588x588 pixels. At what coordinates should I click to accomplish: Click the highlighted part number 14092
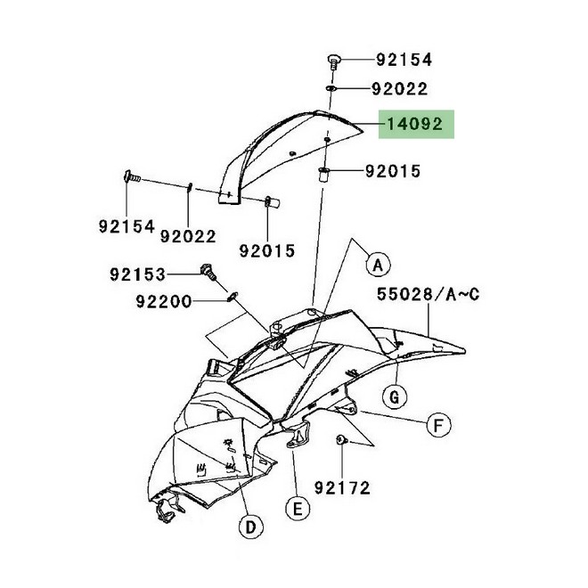tap(415, 124)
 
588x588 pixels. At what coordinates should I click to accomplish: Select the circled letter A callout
tap(378, 265)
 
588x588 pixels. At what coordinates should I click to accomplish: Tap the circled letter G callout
tap(395, 396)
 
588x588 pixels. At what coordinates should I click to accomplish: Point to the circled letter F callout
tap(438, 425)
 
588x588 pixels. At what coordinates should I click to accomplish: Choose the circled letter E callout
tap(298, 509)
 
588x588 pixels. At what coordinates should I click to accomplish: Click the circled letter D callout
tap(250, 527)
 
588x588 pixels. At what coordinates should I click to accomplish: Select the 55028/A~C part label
tap(428, 294)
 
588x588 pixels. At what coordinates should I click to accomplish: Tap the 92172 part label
tap(342, 488)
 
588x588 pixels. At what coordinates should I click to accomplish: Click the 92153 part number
tap(137, 274)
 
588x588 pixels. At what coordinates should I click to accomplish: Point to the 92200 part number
tap(164, 301)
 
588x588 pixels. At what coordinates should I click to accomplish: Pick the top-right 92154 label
tap(404, 60)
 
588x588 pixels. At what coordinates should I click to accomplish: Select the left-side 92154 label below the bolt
tap(127, 226)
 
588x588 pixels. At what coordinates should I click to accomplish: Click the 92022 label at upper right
tap(400, 89)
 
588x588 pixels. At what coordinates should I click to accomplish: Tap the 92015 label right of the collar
tap(393, 171)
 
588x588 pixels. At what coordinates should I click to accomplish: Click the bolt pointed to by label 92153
tap(208, 273)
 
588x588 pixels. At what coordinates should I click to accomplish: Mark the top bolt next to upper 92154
tap(334, 62)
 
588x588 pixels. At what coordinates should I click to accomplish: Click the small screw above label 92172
tap(341, 439)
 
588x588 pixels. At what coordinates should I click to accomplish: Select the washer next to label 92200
tap(233, 297)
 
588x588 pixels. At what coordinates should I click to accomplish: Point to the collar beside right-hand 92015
tap(323, 176)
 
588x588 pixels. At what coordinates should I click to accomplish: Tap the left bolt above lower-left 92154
tap(132, 176)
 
